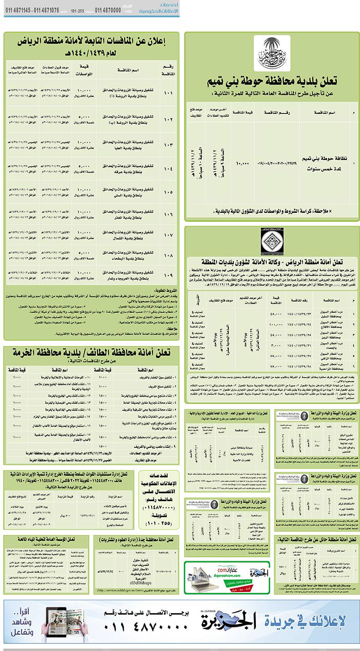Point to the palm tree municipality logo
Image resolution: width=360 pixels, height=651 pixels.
[x=272, y=53]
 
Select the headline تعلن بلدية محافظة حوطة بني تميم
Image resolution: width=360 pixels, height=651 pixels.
[x=272, y=82]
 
